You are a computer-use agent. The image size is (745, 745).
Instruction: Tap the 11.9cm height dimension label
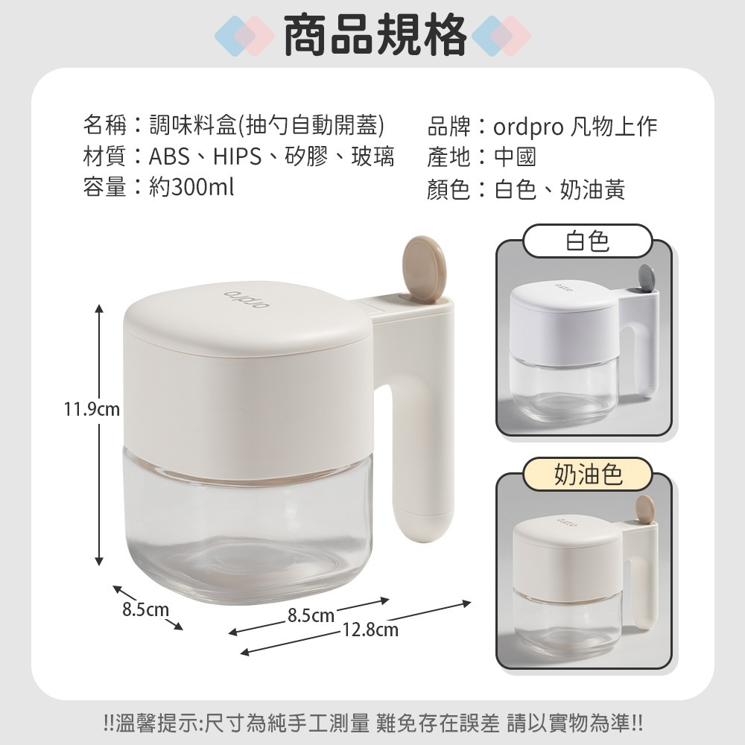(92, 409)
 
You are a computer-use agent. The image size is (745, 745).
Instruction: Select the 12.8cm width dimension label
(370, 631)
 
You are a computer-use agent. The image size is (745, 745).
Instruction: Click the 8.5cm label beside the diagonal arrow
(145, 610)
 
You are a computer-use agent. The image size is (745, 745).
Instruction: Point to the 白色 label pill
(587, 241)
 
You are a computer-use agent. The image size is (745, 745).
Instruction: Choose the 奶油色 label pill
(587, 475)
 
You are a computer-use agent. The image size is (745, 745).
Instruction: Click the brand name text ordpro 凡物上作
(575, 127)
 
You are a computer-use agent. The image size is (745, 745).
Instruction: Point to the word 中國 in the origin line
(515, 157)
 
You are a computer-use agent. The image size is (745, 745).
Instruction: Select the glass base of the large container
(246, 536)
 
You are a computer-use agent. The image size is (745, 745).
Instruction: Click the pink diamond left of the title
(253, 35)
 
